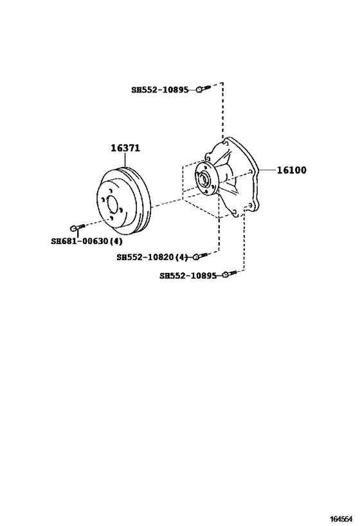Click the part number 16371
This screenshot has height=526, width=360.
pos(125,148)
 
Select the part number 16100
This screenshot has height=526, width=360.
pos(291,170)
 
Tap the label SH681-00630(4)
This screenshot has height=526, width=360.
pos(87,241)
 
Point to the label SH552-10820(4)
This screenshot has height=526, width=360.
pos(152,258)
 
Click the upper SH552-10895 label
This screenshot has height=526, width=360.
pos(160,90)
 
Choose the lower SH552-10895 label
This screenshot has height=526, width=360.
pos(188,276)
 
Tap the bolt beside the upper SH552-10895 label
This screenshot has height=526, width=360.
pos(203,89)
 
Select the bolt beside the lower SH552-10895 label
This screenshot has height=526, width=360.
pos(230,274)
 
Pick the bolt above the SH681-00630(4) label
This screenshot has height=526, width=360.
pos(78,227)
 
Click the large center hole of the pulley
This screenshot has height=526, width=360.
pos(112,206)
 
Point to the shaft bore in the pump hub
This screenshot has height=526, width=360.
pos(204,179)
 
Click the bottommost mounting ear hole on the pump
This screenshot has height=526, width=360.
pos(235,212)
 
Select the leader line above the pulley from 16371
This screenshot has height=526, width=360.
pos(125,160)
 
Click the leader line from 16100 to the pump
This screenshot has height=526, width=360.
pos(267,170)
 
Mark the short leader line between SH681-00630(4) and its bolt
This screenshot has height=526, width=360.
pos(78,234)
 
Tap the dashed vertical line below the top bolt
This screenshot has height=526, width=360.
pos(222,110)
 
